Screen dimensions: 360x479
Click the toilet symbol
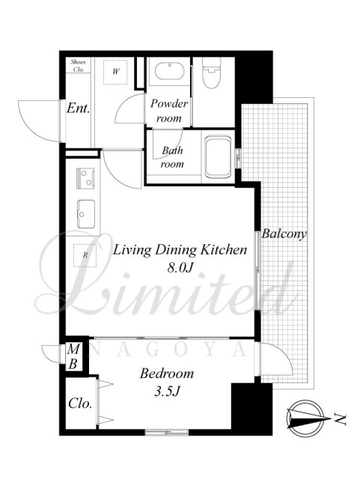click(212, 71)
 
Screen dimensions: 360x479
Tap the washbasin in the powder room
click(169, 72)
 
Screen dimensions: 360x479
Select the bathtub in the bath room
click(218, 157)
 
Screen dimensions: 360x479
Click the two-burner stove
click(85, 178)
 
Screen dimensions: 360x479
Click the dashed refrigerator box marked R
click(85, 255)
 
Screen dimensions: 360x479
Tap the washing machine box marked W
click(115, 72)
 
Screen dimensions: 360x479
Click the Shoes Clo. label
click(78, 65)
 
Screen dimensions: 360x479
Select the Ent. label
click(79, 108)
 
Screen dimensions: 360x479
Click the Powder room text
click(168, 110)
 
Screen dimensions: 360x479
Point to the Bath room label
click(172, 157)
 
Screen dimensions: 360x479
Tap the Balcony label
click(284, 234)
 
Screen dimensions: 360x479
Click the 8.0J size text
click(180, 267)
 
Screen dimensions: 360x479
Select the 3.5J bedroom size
click(166, 391)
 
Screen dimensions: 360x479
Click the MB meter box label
click(73, 356)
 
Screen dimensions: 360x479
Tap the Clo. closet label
click(80, 403)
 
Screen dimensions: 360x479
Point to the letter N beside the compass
click(340, 419)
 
